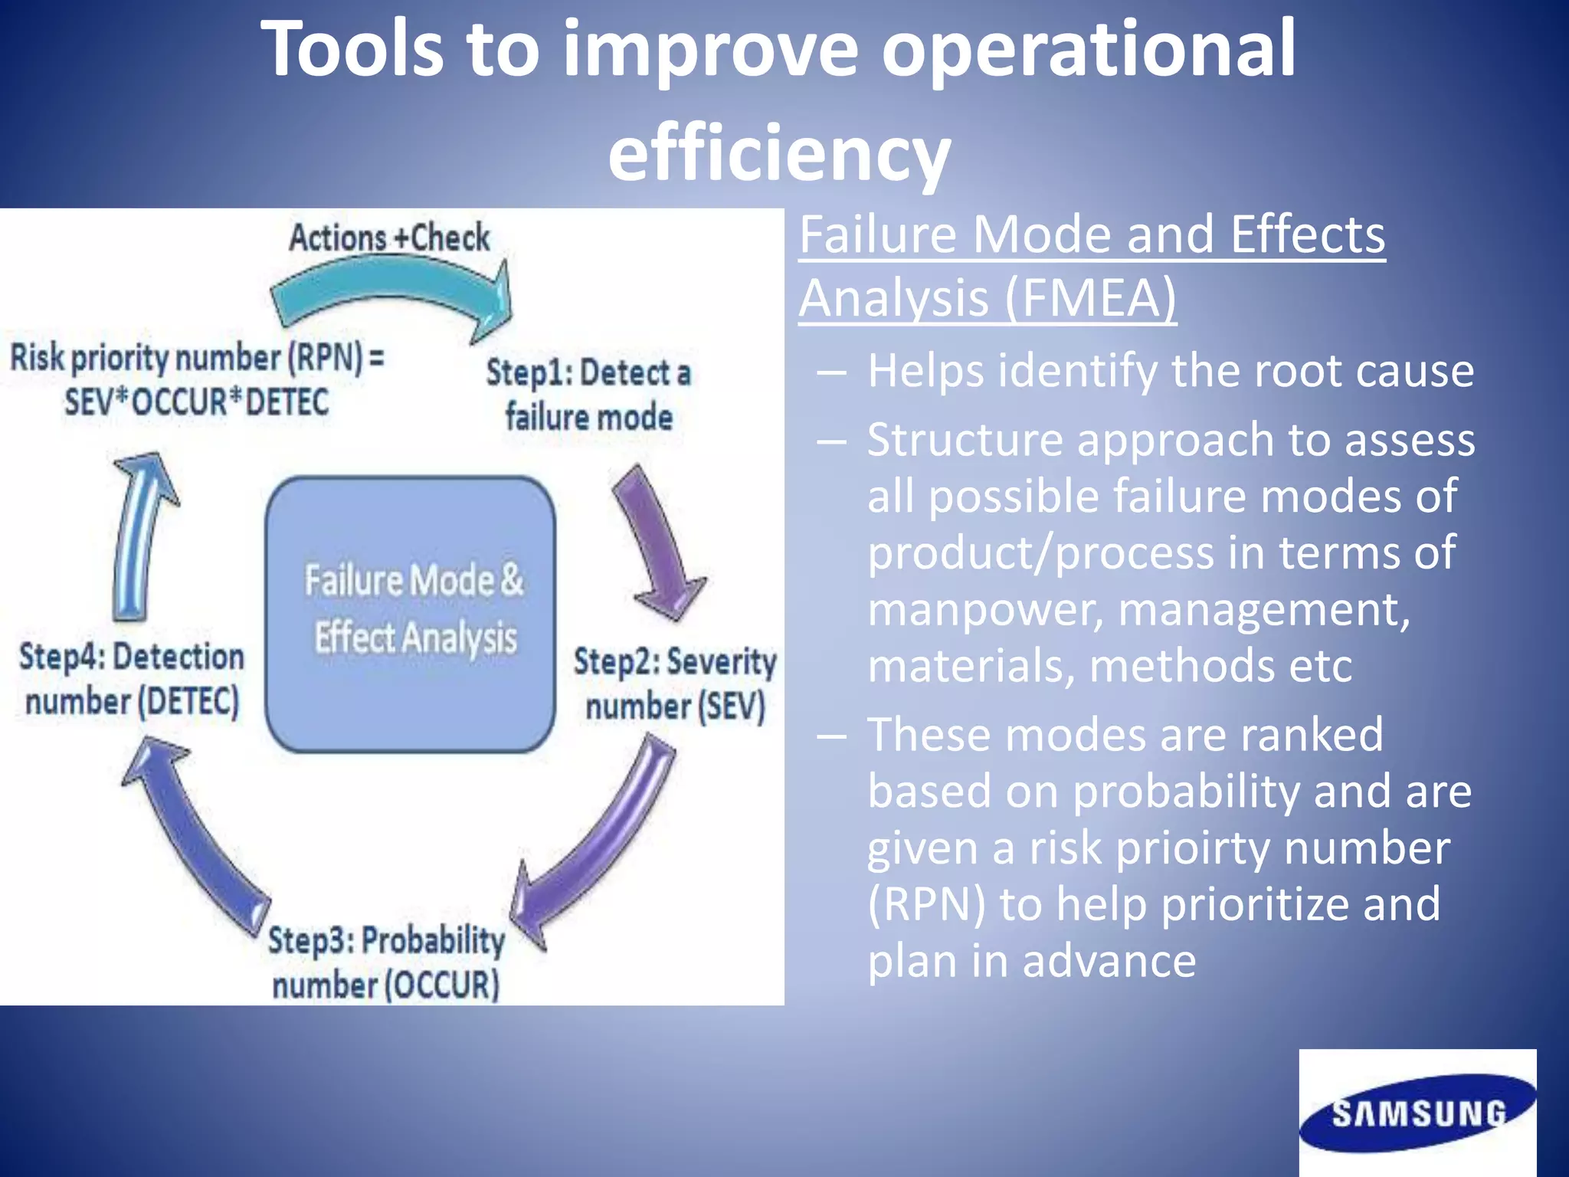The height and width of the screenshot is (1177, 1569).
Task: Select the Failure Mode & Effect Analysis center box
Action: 411,613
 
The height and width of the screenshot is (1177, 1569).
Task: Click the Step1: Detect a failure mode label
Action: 588,395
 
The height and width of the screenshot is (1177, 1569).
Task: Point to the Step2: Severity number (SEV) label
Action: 674,684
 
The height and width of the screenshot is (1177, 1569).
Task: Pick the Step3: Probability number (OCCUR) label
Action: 386,962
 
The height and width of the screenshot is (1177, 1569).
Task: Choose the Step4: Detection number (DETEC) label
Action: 132,679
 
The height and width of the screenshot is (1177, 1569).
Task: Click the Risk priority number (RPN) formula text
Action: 196,380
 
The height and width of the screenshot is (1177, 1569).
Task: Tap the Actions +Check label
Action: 389,238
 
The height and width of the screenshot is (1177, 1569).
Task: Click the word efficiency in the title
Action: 779,153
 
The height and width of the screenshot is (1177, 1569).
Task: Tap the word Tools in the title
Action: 352,50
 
